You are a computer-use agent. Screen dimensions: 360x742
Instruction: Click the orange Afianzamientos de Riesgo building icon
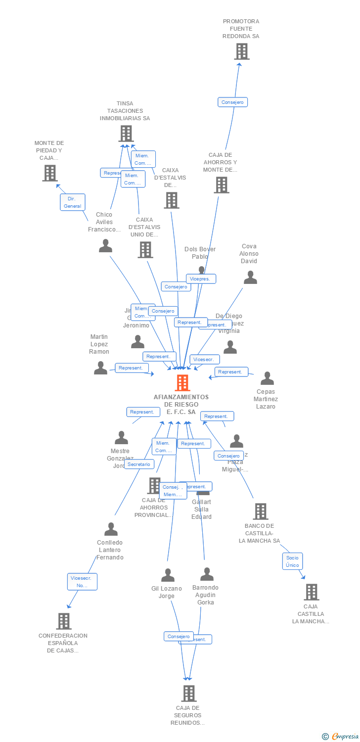(x=182, y=383)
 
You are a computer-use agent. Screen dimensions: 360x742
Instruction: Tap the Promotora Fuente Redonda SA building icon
(x=241, y=51)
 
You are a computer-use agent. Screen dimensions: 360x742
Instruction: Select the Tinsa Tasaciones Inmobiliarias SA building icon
(x=126, y=134)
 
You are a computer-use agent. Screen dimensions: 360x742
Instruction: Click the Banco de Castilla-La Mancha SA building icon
(x=260, y=511)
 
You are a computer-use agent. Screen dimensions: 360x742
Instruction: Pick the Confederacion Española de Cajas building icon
(x=64, y=621)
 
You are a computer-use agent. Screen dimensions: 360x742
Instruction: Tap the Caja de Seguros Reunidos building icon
(x=188, y=694)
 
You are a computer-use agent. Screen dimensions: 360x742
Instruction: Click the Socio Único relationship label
(x=292, y=561)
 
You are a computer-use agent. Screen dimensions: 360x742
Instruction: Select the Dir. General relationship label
(x=73, y=202)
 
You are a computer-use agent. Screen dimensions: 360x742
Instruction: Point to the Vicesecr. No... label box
(x=82, y=582)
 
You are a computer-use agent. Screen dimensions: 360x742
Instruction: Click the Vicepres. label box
(x=201, y=279)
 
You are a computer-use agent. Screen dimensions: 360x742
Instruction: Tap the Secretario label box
(x=139, y=464)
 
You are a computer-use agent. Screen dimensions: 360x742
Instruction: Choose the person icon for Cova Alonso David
(x=250, y=278)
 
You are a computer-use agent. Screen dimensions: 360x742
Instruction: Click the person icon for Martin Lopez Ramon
(x=100, y=368)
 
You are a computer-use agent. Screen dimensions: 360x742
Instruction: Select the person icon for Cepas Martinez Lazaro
(x=267, y=379)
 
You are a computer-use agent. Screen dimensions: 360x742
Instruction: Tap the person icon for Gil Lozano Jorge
(x=168, y=575)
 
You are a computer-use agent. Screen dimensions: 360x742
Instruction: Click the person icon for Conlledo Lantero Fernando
(x=111, y=529)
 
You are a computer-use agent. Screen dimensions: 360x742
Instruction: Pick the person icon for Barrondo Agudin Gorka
(x=207, y=574)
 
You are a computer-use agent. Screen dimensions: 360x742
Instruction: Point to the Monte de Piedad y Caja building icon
(x=49, y=173)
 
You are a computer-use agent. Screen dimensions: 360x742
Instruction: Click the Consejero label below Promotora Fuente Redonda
(x=232, y=102)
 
